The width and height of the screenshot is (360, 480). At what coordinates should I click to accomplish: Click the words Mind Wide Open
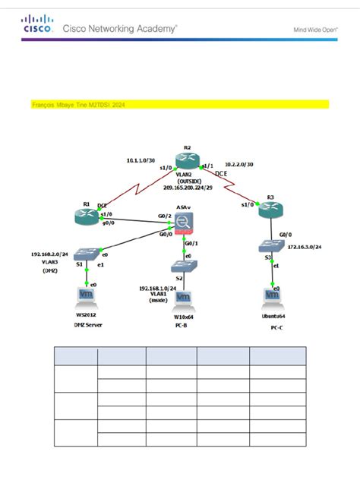315,31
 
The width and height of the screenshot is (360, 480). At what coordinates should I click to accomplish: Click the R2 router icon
185,161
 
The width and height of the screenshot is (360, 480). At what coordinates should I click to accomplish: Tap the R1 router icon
86,216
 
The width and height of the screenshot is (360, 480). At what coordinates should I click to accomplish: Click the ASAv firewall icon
184,223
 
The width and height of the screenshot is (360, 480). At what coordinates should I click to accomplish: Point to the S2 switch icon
184,267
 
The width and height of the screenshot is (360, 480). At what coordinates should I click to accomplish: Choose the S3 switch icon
271,246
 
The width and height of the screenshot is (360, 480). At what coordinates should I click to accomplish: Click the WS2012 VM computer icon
87,295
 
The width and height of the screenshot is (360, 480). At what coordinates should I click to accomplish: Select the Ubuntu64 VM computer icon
271,294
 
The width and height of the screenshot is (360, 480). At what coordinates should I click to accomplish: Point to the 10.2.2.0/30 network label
240,165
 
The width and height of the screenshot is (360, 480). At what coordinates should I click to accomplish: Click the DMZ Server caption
87,324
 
